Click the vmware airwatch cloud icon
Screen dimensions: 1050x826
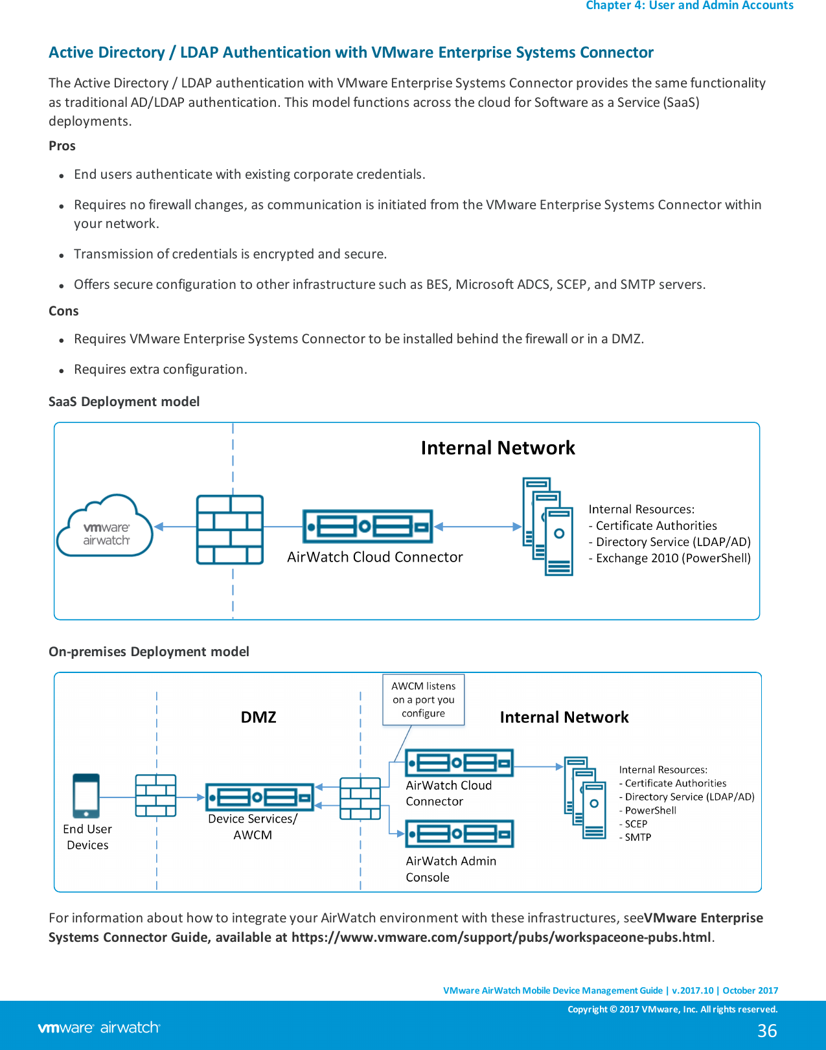tap(105, 526)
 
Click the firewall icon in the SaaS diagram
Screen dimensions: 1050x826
tap(230, 529)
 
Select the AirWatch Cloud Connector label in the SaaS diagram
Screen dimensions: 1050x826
tap(374, 557)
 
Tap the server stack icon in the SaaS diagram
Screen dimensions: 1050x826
tap(548, 527)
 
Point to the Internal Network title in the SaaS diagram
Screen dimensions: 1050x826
tap(498, 448)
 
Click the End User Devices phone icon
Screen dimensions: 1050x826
tap(86, 796)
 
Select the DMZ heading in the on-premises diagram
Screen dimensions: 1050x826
tap(258, 717)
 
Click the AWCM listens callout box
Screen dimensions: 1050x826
tap(423, 700)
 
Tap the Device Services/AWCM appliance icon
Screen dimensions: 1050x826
tap(260, 797)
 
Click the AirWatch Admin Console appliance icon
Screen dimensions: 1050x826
tap(459, 834)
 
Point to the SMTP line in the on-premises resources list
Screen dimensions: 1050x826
tap(637, 837)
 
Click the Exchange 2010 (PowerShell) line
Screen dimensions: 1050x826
tap(672, 558)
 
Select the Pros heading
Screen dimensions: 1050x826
tap(62, 146)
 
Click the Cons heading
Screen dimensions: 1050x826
tap(63, 311)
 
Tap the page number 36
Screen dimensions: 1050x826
tap(767, 1031)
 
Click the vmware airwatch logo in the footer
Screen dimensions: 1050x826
tap(99, 1027)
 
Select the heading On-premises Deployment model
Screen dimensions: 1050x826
tap(149, 652)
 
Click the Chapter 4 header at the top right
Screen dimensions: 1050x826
tap(689, 6)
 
